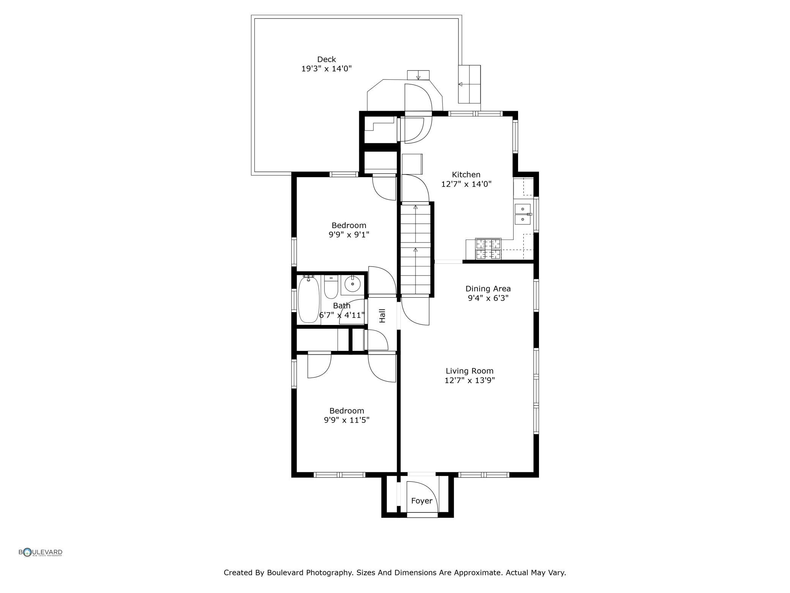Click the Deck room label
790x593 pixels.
pos(327,59)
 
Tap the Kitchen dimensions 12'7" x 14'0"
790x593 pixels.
pos(466,184)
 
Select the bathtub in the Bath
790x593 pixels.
pos(308,300)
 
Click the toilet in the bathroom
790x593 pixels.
pos(331,287)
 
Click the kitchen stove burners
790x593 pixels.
pos(488,249)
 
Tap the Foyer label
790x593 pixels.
pos(422,501)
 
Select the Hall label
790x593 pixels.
pos(382,316)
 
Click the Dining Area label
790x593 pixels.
pos(488,289)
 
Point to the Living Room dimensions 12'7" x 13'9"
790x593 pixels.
pos(470,381)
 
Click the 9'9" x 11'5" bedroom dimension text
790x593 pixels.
pos(347,420)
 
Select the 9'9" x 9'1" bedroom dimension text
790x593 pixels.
pos(349,235)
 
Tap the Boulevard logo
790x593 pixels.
pos(41,552)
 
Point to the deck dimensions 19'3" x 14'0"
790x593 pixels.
pos(327,69)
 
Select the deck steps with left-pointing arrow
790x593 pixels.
pos(469,84)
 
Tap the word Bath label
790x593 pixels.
pos(342,306)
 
